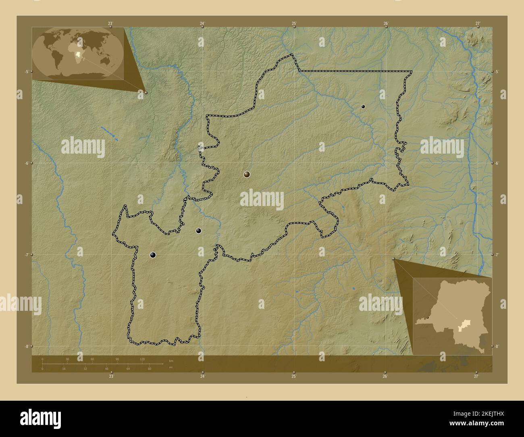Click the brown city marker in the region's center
point(247,174)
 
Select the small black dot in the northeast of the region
point(363,106)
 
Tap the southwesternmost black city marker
point(153,255)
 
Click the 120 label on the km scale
point(142,359)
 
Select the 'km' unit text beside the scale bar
point(171,360)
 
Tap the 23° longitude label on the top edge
point(110,23)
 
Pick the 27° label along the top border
point(477,23)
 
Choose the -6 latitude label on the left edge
point(26,163)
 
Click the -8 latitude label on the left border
point(26,346)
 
